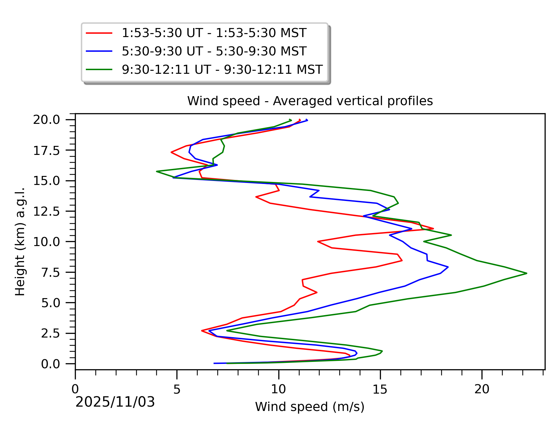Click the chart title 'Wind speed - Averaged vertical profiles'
pyautogui.click(x=310, y=101)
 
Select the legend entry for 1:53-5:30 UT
pyautogui.click(x=214, y=33)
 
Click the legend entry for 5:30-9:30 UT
pyautogui.click(x=214, y=51)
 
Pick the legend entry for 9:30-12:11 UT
pyautogui.click(x=222, y=70)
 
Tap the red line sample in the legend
pyautogui.click(x=99, y=33)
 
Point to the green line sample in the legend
pyautogui.click(x=99, y=70)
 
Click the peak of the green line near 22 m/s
pyautogui.click(x=527, y=273)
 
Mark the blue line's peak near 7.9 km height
pyautogui.click(x=448, y=267)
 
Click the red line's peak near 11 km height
pyautogui.click(x=433, y=229)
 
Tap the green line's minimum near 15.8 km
pyautogui.click(x=156, y=172)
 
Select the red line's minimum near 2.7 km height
pyautogui.click(x=202, y=331)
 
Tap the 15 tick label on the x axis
pyautogui.click(x=380, y=389)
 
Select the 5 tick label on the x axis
pyautogui.click(x=177, y=389)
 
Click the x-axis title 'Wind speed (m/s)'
pyautogui.click(x=310, y=407)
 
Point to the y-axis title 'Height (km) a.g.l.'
pyautogui.click(x=20, y=242)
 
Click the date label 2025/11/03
pyautogui.click(x=115, y=402)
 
